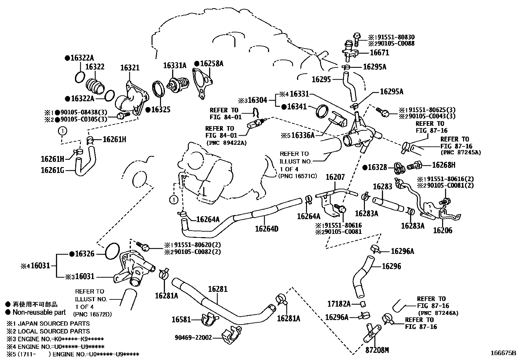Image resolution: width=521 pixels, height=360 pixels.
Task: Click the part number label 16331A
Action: (x=175, y=66)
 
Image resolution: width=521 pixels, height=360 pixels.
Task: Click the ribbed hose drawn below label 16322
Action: (x=95, y=86)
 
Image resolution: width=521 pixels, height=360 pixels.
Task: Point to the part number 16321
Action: (x=130, y=68)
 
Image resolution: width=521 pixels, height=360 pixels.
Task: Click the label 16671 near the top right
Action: (x=379, y=53)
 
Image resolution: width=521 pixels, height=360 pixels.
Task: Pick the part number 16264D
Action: (x=266, y=229)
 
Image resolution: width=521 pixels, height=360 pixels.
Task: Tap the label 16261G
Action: (x=52, y=170)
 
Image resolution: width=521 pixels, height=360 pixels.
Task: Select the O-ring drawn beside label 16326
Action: (x=112, y=251)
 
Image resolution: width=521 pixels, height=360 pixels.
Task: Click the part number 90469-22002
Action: (x=193, y=337)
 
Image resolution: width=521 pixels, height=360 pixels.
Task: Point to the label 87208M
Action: (x=377, y=350)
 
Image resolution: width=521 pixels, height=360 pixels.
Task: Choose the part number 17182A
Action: (x=339, y=304)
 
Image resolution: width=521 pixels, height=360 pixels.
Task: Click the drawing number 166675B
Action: (x=503, y=353)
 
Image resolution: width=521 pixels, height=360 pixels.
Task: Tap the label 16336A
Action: (x=303, y=135)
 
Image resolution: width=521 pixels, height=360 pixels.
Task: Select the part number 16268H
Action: (x=444, y=165)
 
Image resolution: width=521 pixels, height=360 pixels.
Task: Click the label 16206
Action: (x=442, y=230)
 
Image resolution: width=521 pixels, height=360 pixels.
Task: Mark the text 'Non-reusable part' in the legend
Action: (x=39, y=312)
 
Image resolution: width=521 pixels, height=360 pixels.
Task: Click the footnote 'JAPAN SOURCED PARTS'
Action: (x=54, y=323)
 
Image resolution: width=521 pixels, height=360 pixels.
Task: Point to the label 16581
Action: (x=181, y=319)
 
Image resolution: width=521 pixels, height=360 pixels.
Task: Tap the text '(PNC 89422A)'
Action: (x=226, y=142)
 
